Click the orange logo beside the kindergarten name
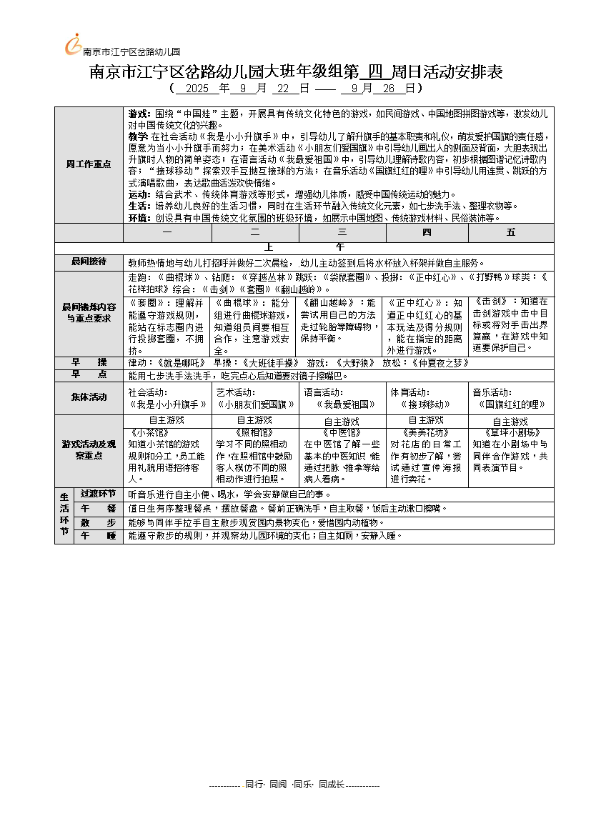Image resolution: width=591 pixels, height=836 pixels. coord(72,44)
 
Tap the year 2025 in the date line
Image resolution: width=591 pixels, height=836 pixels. coord(197,89)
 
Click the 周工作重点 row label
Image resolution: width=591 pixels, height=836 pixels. coord(89,164)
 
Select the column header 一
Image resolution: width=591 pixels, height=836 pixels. coord(167,232)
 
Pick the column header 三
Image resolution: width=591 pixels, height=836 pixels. coord(342,232)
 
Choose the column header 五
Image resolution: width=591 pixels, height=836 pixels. coord(511,232)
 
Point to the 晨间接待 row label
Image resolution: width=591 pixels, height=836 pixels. coord(89,262)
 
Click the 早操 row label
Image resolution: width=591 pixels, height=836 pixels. coord(89,362)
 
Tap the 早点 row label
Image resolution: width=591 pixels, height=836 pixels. coord(89,374)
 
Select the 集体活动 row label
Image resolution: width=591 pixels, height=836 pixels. coord(89,397)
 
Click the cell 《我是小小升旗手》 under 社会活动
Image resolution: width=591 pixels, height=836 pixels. coord(168,404)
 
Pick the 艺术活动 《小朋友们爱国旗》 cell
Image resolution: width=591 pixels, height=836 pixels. coord(255,404)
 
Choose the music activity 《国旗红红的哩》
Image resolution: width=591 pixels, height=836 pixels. coord(511,404)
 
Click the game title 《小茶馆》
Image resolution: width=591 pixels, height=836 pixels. coord(150,432)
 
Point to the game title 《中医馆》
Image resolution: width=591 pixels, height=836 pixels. coord(342,432)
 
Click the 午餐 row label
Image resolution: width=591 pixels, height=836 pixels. coord(98,508)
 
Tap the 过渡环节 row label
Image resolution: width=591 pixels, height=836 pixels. coord(98,494)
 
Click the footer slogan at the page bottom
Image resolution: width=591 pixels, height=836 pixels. coord(294,785)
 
